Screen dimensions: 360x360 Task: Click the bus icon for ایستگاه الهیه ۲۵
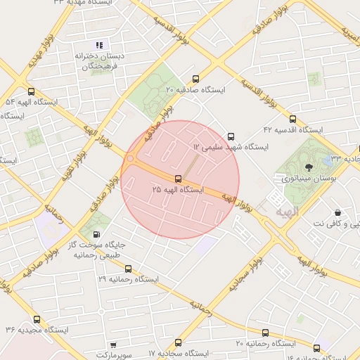coord(178,179)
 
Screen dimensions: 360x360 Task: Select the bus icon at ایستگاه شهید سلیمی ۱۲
coord(231,136)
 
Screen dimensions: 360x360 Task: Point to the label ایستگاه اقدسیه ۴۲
coord(292,130)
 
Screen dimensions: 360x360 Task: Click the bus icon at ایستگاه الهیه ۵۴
coord(30,91)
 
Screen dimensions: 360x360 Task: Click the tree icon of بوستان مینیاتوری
coord(309,167)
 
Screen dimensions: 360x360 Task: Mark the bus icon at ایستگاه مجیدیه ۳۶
coord(37,319)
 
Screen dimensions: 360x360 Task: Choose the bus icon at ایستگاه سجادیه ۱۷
coord(177,343)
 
